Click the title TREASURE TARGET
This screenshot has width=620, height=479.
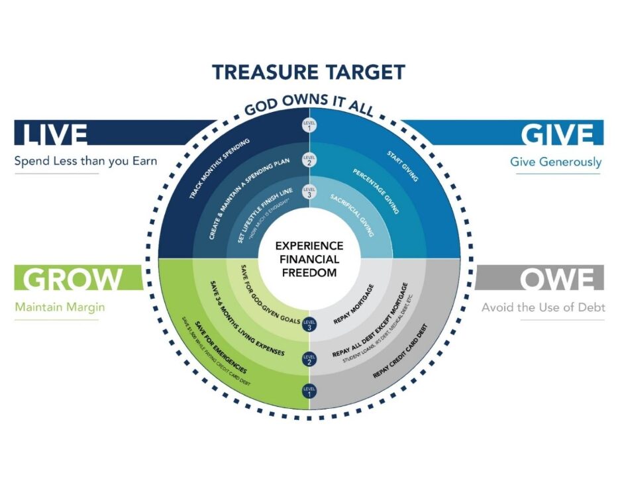(x=308, y=72)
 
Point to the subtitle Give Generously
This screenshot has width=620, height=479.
(x=556, y=162)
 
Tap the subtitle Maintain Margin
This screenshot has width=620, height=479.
(x=56, y=307)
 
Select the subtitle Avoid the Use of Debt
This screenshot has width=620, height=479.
(x=542, y=307)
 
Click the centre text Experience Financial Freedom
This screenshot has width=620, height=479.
(x=309, y=258)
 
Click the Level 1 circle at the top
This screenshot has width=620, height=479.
(x=309, y=126)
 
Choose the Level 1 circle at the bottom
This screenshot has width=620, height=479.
(x=309, y=392)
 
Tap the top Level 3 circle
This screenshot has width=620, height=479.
(x=309, y=193)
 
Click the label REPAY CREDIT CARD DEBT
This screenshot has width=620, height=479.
(x=400, y=351)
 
